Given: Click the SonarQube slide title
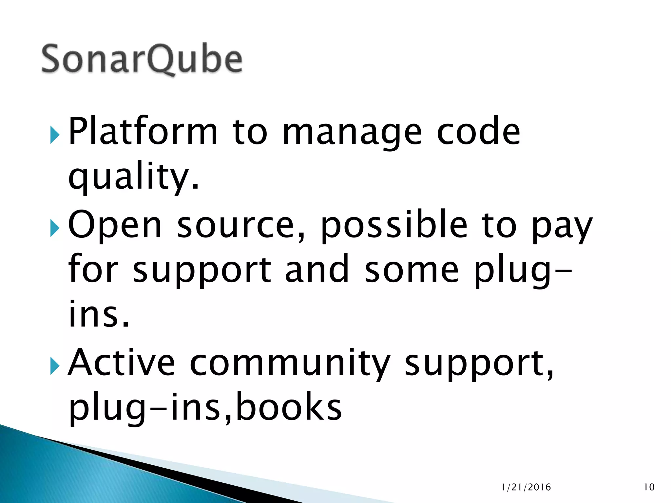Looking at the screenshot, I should pos(142,59).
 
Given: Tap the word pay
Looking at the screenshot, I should pos(562,228).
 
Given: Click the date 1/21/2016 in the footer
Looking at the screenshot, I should pos(526,487).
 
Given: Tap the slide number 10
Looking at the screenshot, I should pos(649,487).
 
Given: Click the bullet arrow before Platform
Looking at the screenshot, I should pos(55,135).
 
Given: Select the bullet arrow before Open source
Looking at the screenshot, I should pos(55,228).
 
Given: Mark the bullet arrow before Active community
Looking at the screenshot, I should pos(55,366).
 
